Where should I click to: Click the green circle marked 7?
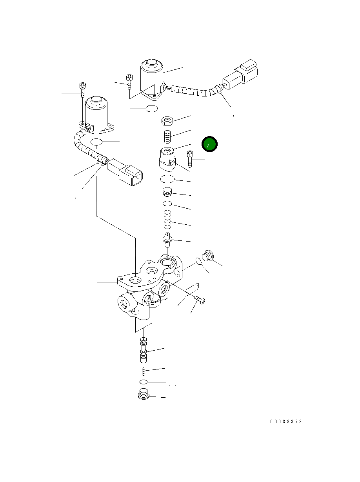coord(209,144)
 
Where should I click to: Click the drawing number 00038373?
coord(286,422)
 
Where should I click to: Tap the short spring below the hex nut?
coord(168,137)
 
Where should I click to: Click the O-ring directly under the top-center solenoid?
coord(151,109)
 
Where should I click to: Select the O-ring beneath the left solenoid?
coord(96,142)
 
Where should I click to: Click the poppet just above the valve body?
coord(167,239)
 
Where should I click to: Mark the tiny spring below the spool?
coord(144,371)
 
